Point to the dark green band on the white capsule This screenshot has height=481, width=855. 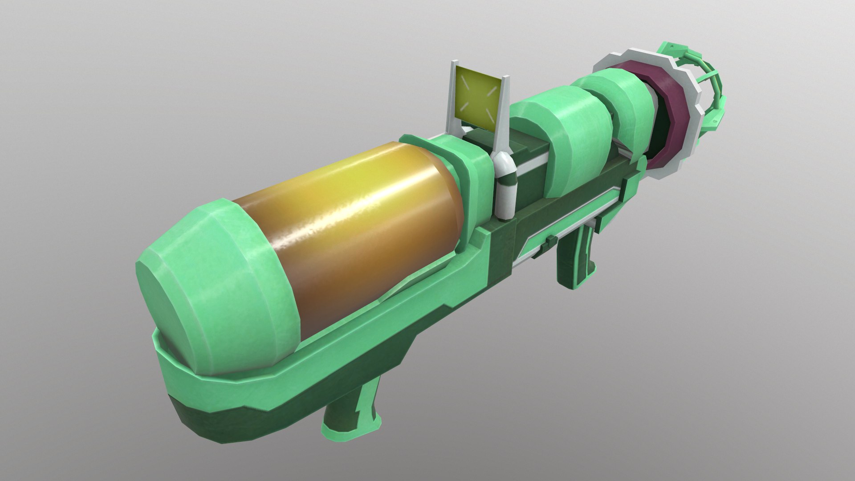[507, 180]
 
